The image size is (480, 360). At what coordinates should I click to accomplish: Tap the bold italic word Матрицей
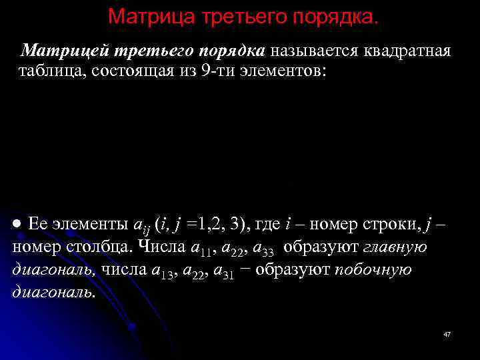[62, 51]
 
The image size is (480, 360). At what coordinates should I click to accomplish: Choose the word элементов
[289, 71]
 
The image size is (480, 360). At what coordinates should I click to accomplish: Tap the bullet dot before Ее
[19, 223]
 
